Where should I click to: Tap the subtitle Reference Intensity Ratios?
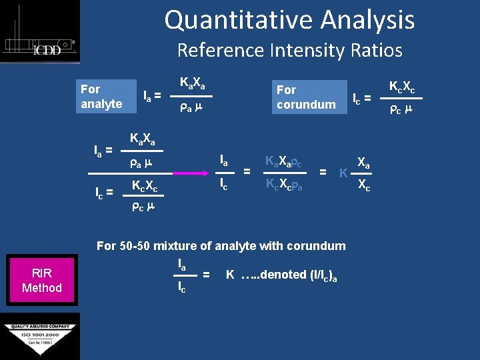pos(289,50)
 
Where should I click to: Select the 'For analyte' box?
pos(101,97)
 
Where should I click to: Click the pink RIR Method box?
pos(41,281)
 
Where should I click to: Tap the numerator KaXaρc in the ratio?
pos(287,161)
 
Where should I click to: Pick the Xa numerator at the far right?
pos(365,161)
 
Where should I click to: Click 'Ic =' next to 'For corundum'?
pos(361,99)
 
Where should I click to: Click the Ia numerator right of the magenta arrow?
pos(224,161)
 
